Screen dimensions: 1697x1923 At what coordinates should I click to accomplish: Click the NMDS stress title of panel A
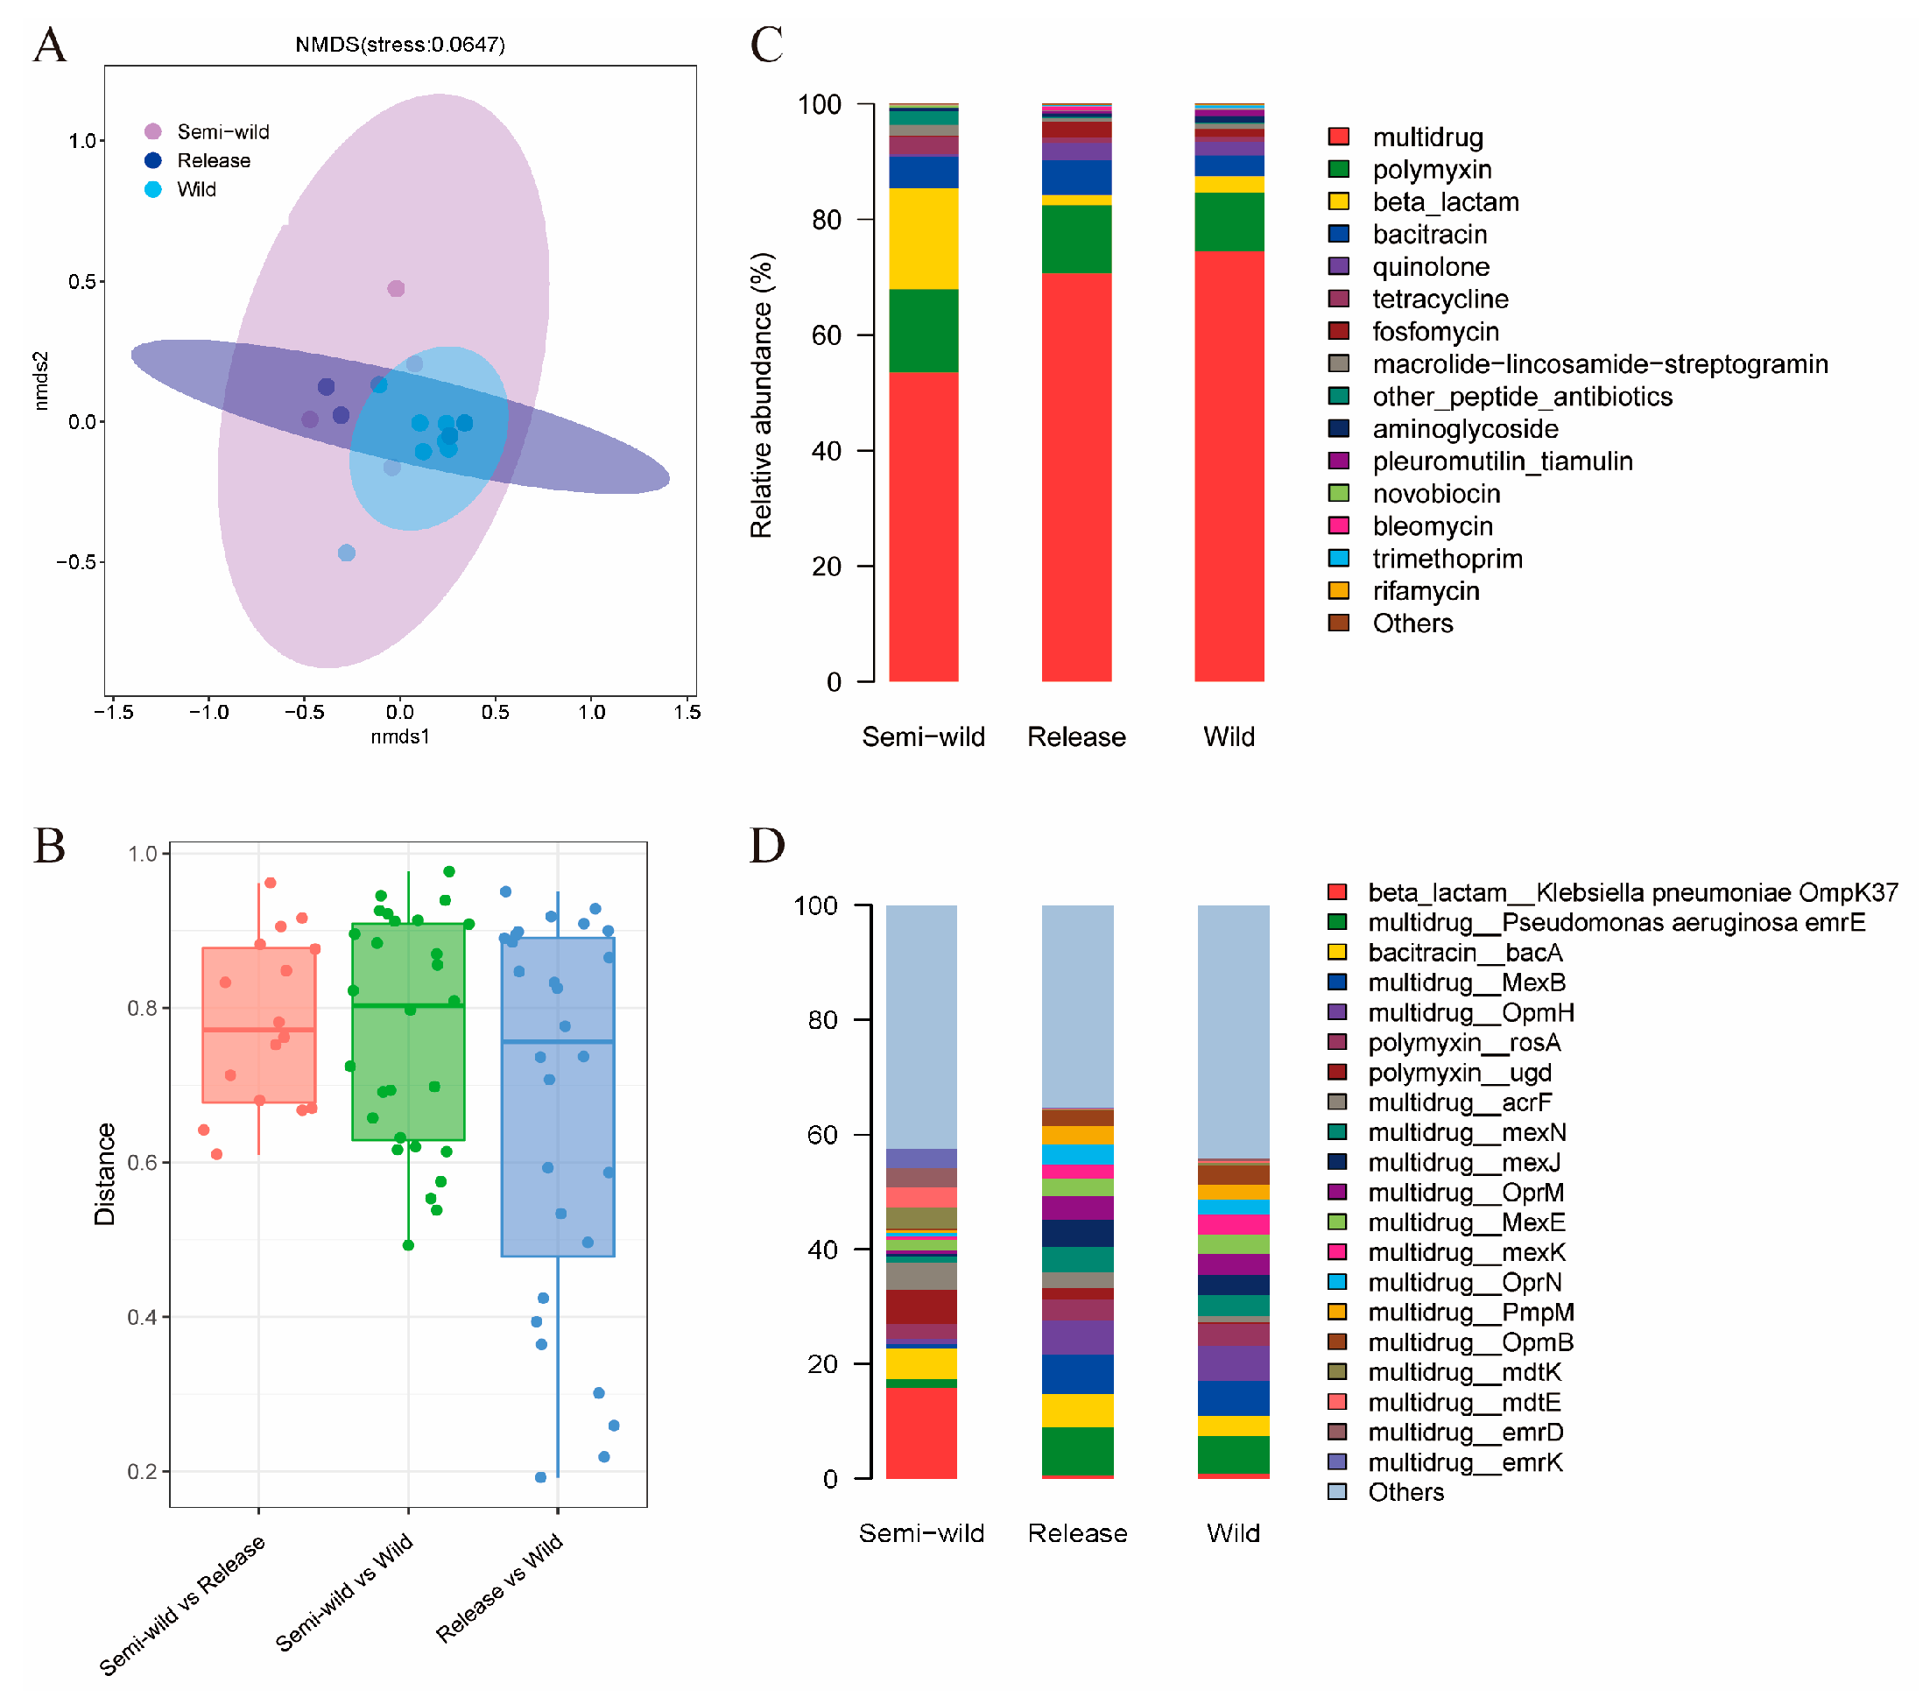pyautogui.click(x=400, y=44)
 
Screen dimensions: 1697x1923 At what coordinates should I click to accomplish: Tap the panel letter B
pyautogui.click(x=50, y=845)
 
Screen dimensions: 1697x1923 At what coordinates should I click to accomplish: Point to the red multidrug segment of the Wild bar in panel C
pyautogui.click(x=1229, y=466)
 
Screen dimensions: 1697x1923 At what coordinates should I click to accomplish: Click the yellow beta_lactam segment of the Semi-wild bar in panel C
pyautogui.click(x=923, y=238)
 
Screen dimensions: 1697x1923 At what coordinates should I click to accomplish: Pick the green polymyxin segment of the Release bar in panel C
pyautogui.click(x=1076, y=239)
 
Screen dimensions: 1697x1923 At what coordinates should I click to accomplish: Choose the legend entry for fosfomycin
pyautogui.click(x=1434, y=331)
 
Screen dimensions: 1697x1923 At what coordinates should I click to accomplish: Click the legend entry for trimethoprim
pyautogui.click(x=1446, y=559)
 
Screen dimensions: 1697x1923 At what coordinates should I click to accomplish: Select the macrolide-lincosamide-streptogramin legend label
pyautogui.click(x=1599, y=364)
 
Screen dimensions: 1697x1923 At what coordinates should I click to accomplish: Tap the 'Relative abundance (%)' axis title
pyautogui.click(x=761, y=395)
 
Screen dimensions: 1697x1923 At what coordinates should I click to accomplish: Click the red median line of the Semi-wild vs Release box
pyautogui.click(x=258, y=1030)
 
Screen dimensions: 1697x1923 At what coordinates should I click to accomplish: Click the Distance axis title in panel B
pyautogui.click(x=104, y=1174)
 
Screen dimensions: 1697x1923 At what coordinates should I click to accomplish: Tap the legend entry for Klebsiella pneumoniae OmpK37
pyautogui.click(x=1631, y=891)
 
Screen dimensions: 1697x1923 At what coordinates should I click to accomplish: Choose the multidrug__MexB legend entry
pyautogui.click(x=1466, y=982)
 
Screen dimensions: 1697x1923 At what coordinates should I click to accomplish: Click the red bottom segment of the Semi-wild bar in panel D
pyautogui.click(x=921, y=1432)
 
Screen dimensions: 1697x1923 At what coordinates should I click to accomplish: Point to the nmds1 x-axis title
pyautogui.click(x=400, y=736)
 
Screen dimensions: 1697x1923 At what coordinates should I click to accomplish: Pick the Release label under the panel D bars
pyautogui.click(x=1077, y=1533)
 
